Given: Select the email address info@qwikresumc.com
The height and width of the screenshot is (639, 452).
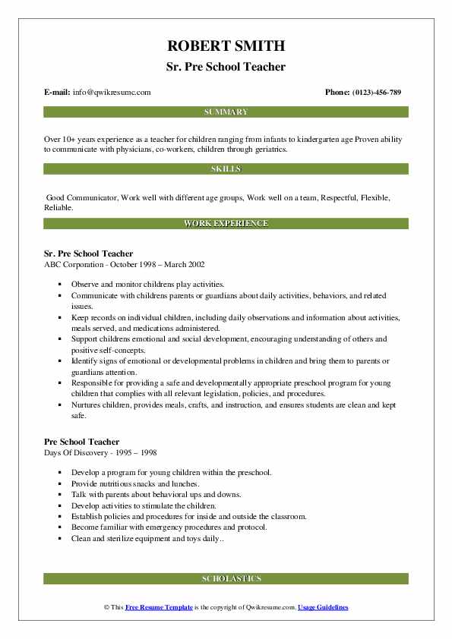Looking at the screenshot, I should click(x=112, y=92).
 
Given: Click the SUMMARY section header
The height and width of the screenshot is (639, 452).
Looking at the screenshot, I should click(x=226, y=112).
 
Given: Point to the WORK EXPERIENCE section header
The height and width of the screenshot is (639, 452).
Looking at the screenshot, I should click(x=226, y=224).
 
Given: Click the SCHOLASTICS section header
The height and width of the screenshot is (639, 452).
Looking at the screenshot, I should click(x=226, y=579).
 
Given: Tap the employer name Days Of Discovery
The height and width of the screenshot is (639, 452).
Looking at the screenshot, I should click(x=74, y=452).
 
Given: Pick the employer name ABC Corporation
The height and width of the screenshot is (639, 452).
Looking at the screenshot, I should click(x=74, y=264).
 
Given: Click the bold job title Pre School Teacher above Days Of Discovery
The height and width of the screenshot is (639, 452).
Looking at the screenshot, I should click(x=82, y=442).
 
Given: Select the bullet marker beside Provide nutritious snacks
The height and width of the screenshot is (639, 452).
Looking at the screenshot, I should click(x=60, y=483).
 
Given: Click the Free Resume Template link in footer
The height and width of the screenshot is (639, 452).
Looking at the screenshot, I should click(x=159, y=608).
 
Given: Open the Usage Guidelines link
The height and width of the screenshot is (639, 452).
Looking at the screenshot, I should click(x=323, y=608).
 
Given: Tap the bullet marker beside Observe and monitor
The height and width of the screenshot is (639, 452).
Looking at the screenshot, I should click(x=60, y=283).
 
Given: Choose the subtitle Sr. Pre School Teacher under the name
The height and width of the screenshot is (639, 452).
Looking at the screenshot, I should click(x=226, y=67).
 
